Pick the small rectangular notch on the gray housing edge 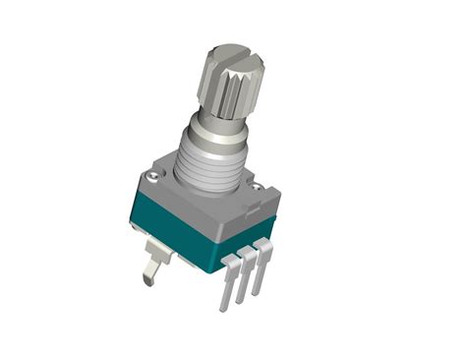click(254, 209)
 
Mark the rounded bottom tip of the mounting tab click(147, 279)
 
